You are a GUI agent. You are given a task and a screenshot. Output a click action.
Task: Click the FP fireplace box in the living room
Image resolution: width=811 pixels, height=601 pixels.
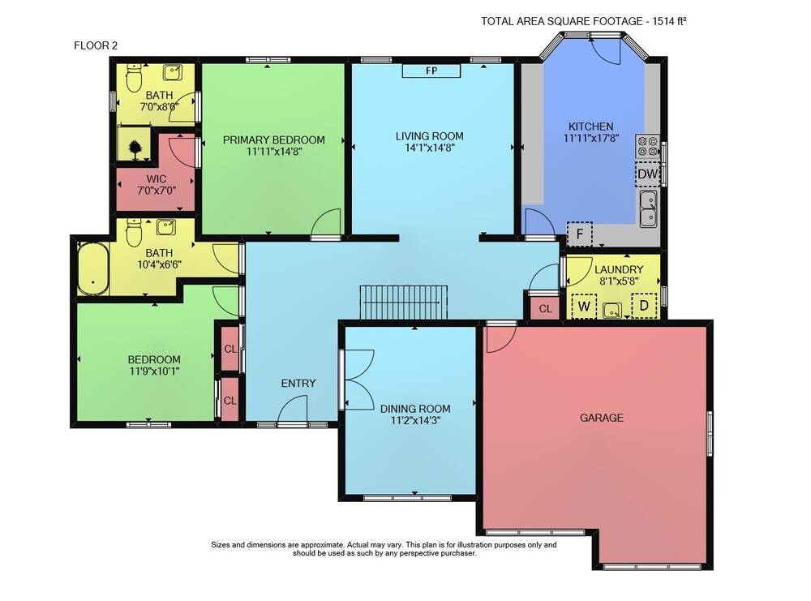point(431,71)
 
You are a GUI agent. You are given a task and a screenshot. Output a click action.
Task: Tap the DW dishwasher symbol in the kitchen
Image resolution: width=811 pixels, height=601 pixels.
point(647,174)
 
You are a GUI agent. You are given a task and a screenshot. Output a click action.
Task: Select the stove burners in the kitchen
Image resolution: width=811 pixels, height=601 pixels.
point(647,145)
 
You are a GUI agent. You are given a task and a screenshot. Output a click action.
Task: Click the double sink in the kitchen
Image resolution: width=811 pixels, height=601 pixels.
point(648,209)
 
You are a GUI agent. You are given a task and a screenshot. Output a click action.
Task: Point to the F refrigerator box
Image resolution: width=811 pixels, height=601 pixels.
point(580,234)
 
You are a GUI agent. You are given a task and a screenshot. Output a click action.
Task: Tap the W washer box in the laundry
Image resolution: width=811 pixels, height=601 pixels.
point(584,307)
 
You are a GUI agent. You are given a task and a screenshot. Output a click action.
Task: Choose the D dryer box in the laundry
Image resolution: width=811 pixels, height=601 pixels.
point(644,306)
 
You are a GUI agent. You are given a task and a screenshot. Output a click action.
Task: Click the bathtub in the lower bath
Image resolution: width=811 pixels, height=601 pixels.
point(93,268)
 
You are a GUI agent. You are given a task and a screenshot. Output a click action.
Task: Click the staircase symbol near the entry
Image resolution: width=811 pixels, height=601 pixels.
point(403,302)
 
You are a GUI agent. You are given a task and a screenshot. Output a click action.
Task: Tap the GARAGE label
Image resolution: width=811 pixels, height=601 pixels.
point(602,418)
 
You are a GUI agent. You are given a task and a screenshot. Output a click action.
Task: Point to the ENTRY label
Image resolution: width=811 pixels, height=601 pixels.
point(298,384)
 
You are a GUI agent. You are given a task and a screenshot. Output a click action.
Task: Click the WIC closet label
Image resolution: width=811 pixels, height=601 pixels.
point(157,179)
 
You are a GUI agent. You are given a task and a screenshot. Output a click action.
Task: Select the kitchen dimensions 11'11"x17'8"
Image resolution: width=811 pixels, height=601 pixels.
point(591,138)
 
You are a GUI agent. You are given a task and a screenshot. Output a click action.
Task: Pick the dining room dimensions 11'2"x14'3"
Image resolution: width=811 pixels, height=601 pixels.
point(415,420)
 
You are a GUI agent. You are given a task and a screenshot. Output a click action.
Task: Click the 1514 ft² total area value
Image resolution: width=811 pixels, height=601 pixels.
point(669,21)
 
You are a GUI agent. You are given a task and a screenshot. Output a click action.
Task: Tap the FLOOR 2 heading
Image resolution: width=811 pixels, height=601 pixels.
point(96,45)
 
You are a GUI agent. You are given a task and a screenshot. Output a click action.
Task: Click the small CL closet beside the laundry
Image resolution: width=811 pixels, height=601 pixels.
point(545,309)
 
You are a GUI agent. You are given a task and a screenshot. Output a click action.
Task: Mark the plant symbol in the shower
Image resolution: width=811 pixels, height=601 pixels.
point(135,149)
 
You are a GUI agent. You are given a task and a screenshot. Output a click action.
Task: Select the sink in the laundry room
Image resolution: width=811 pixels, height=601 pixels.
point(612,311)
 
